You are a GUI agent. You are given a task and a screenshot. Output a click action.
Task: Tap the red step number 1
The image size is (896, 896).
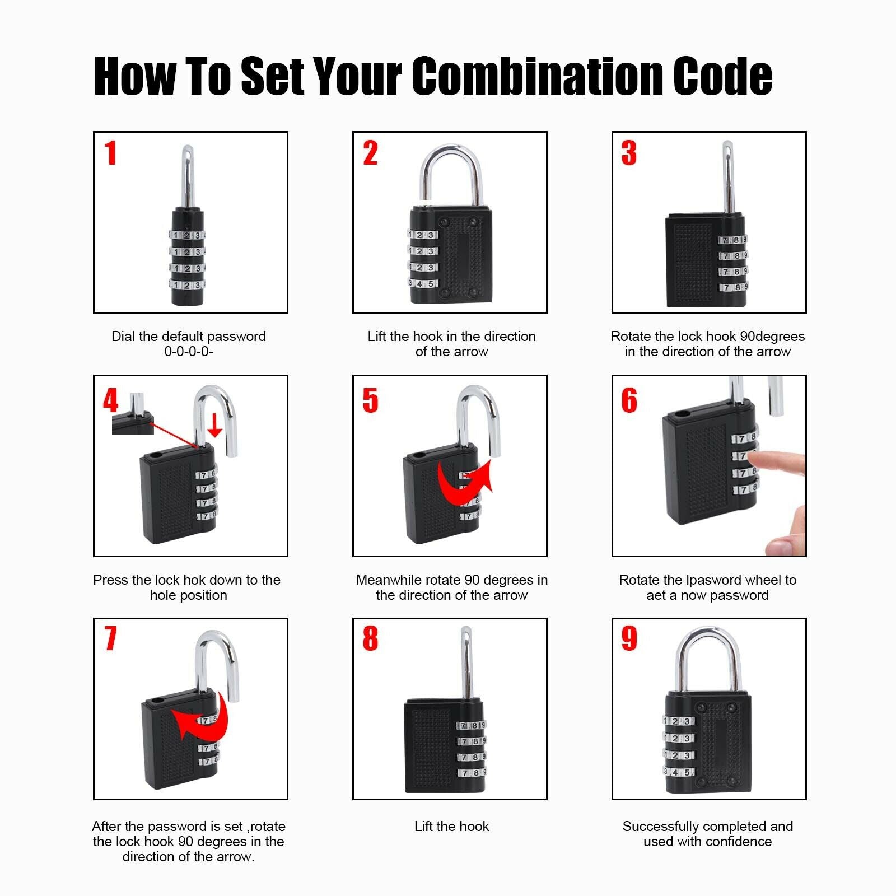[111, 153]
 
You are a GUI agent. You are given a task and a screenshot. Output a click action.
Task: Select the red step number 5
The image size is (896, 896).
[370, 400]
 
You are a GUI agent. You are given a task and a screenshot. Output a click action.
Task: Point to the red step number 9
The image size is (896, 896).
[629, 638]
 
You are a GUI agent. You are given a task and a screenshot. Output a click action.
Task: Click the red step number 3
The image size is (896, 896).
[629, 153]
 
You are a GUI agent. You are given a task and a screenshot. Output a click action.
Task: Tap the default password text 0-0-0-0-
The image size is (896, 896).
[189, 352]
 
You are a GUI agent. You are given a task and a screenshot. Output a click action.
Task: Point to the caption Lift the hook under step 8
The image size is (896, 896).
[451, 826]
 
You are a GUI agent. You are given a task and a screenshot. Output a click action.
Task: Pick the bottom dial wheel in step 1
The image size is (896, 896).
[186, 285]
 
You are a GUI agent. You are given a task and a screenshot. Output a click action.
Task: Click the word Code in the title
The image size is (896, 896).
[722, 76]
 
